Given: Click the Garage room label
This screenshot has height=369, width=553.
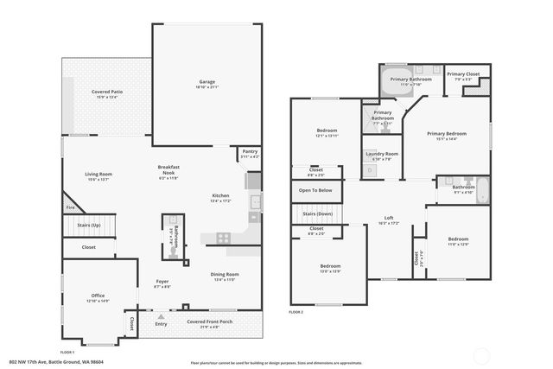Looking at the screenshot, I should (207, 82).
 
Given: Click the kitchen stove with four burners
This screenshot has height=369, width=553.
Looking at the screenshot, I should (224, 237).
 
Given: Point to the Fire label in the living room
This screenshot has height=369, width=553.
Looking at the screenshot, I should (69, 207).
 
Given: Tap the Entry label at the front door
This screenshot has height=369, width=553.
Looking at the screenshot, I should (161, 324).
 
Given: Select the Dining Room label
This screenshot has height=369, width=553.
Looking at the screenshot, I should (225, 274).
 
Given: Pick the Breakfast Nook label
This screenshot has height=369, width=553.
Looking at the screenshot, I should (168, 171).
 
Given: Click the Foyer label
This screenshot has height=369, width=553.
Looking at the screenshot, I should (162, 281).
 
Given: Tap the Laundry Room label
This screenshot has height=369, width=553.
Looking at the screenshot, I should (380, 154).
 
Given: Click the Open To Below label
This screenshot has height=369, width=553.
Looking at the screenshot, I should (315, 190).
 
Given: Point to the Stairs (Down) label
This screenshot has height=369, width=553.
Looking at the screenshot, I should (315, 213).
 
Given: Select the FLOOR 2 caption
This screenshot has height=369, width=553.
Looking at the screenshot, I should (296, 311).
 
